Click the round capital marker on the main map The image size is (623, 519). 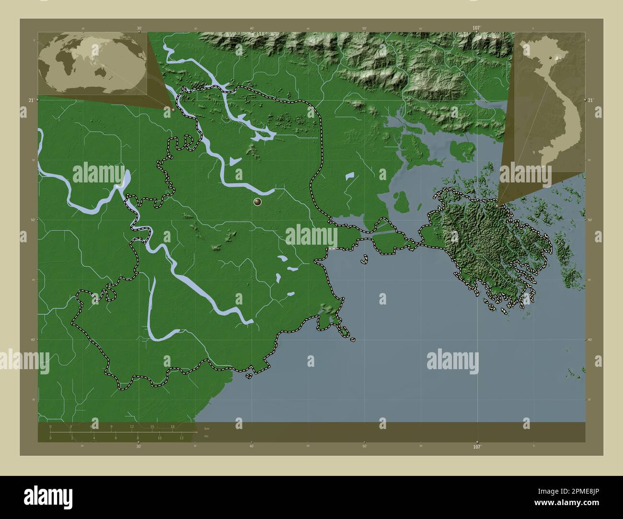click(258, 203)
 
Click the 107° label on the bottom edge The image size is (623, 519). click(477, 447)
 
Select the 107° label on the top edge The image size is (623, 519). click(476, 28)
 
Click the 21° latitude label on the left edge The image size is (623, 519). click(31, 100)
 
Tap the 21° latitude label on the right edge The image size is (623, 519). click(591, 100)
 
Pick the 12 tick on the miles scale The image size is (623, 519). click(182, 438)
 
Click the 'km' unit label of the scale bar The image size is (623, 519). click(207, 429)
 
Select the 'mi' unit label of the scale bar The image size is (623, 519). click(206, 437)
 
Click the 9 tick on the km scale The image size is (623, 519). click(112, 426)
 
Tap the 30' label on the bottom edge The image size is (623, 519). click(138, 447)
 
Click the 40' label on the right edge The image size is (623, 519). click(590, 339)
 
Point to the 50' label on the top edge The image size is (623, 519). click(364, 28)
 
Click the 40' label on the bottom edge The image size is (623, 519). click(252, 447)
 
